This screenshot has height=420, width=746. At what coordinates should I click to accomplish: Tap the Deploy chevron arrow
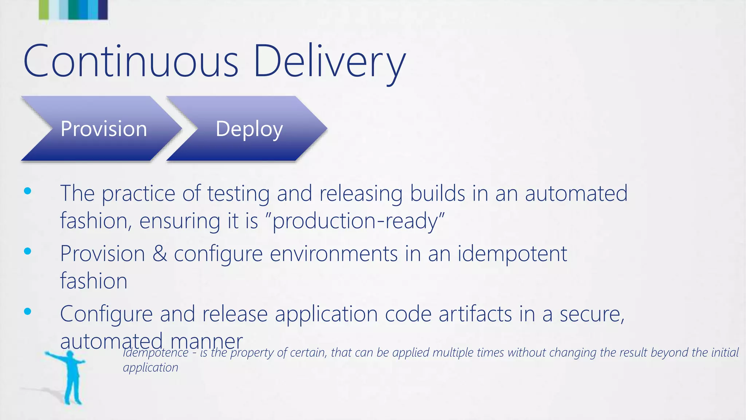click(248, 129)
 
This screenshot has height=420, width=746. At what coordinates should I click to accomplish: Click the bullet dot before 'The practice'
click(28, 191)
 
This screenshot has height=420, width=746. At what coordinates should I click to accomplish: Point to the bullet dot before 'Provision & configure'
click(28, 251)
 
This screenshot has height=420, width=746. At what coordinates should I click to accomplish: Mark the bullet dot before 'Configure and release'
click(28, 311)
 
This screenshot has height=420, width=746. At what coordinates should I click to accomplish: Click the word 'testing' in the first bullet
click(238, 194)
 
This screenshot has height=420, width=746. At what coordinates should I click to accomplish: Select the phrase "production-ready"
click(358, 221)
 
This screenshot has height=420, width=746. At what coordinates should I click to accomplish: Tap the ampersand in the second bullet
click(160, 253)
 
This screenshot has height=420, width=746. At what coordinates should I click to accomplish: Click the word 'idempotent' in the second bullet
click(512, 254)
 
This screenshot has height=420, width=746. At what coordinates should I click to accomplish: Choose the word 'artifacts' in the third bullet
click(475, 314)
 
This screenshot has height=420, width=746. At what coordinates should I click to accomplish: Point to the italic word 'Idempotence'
click(156, 353)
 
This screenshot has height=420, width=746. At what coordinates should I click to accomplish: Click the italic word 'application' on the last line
click(150, 367)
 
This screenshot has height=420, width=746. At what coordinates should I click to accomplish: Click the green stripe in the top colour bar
click(43, 9)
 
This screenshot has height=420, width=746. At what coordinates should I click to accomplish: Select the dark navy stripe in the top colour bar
click(103, 9)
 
